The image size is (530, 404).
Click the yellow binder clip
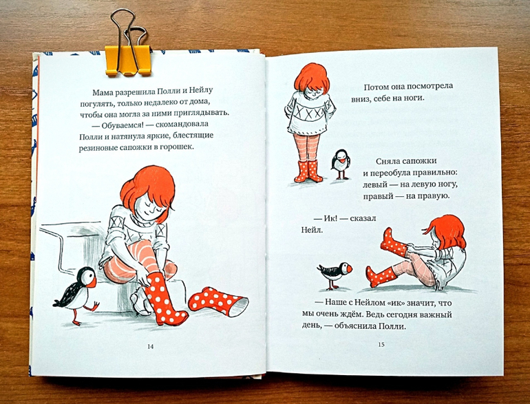[x=128, y=59]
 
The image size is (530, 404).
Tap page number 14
[x=151, y=346]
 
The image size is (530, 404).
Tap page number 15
[x=381, y=345]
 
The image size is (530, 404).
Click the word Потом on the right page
[x=375, y=87]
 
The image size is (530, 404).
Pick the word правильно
[x=436, y=173]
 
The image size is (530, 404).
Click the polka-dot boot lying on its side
[x=218, y=301]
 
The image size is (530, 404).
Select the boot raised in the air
[x=394, y=242]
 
